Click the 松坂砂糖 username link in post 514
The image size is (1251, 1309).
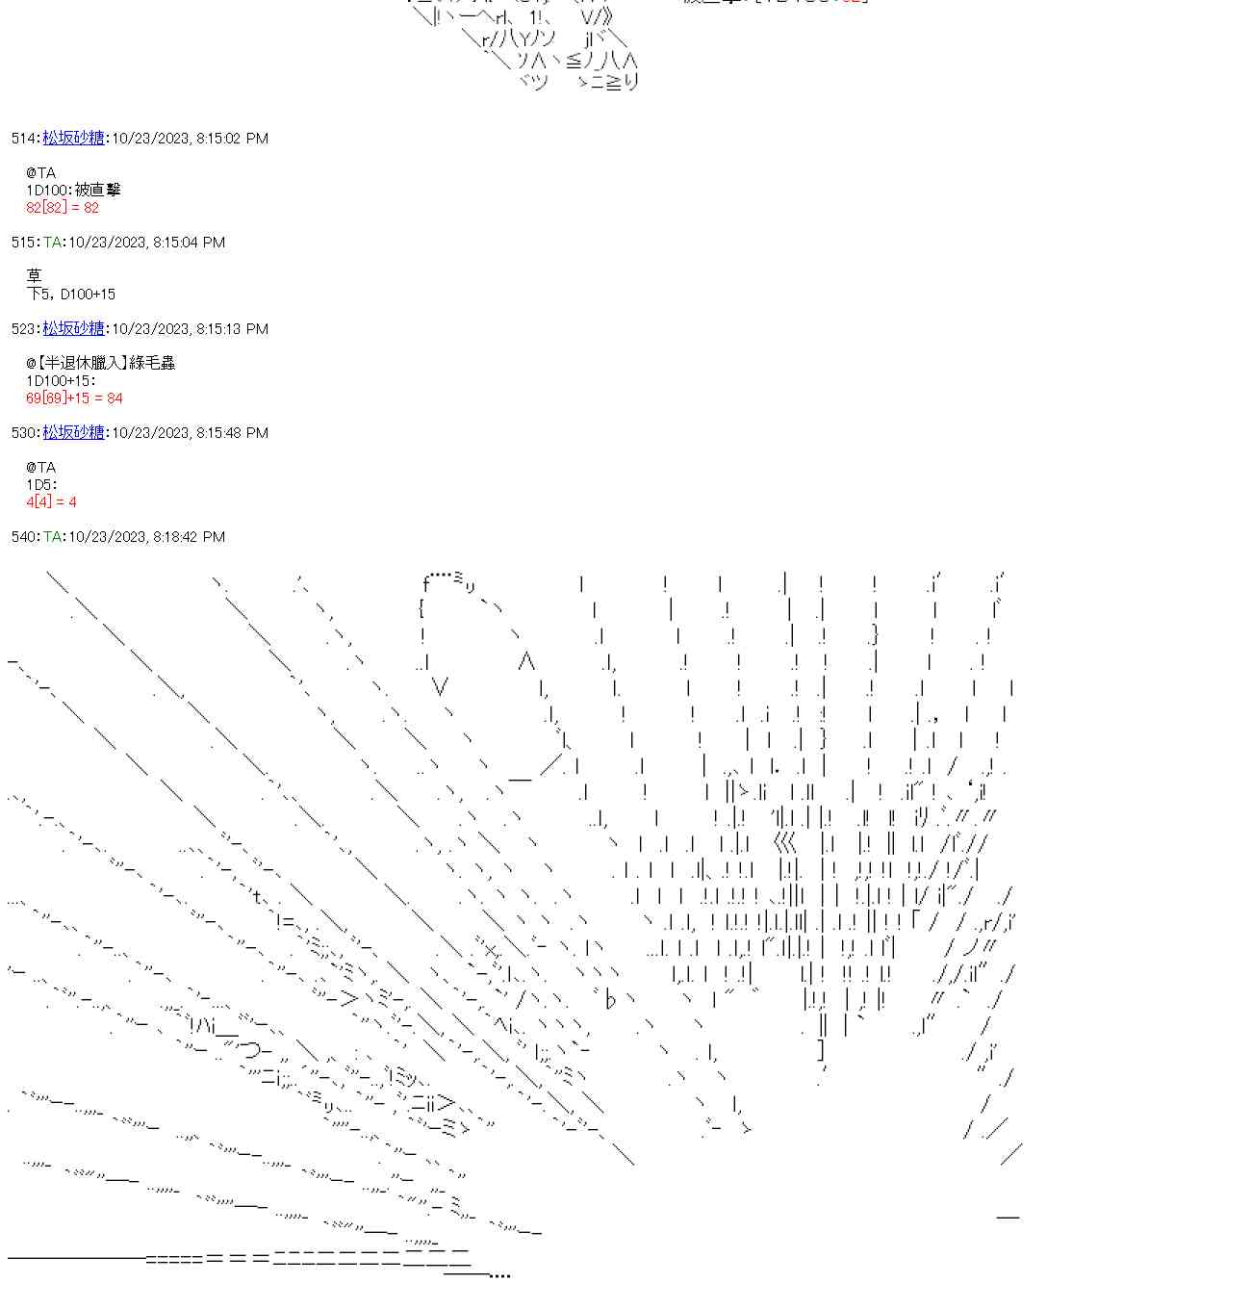73,139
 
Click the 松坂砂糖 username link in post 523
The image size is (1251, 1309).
73,329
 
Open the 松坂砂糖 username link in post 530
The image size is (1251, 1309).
73,433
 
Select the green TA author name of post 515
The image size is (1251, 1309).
53,243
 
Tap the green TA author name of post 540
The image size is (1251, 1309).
53,537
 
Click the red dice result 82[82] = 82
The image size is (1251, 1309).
63,208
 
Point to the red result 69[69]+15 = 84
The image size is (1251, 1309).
74,398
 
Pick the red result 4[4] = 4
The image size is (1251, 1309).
51,502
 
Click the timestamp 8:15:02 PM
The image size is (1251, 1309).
232,139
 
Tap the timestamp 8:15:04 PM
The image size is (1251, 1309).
189,243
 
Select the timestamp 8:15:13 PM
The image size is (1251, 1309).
232,329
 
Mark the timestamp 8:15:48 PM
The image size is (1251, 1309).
232,433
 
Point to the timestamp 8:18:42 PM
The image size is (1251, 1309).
189,537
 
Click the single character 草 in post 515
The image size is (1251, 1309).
35,276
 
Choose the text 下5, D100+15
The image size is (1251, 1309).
71,295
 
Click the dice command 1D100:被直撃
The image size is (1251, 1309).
73,191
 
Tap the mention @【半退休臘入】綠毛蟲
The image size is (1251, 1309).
100,363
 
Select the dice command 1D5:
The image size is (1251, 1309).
41,485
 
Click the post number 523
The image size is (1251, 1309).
23,329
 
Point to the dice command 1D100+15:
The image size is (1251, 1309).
61,381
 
